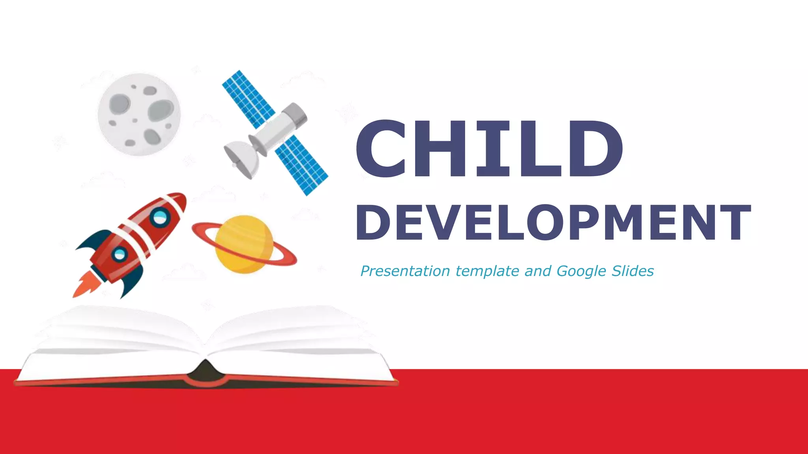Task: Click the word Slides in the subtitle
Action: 632,271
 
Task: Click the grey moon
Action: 139,114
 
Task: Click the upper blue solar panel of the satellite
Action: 249,99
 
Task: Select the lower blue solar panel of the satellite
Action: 302,166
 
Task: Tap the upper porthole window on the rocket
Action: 160,216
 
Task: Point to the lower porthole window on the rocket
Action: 119,254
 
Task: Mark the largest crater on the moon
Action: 161,110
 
